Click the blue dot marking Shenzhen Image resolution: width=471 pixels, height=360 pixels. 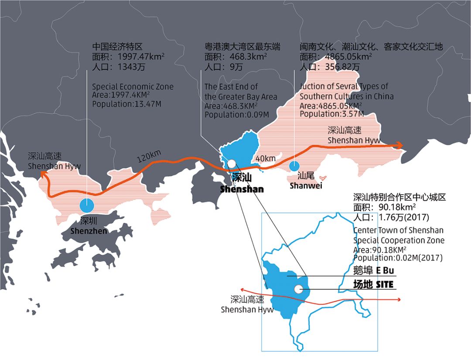click(87, 205)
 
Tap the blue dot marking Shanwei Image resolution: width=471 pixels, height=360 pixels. click(294, 166)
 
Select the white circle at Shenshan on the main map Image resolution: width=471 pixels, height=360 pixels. click(232, 163)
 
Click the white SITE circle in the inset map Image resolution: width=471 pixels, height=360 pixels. click(298, 289)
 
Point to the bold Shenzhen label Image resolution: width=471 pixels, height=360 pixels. click(89, 231)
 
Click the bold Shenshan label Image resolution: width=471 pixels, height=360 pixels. click(242, 189)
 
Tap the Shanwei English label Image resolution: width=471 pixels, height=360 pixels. click(305, 186)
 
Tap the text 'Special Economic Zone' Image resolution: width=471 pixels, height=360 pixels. click(133, 87)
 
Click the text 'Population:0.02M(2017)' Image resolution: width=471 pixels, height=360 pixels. click(398, 258)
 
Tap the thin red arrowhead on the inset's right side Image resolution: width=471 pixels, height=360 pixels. click(399, 299)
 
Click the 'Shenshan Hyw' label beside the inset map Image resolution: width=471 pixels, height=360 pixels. click(247, 310)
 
